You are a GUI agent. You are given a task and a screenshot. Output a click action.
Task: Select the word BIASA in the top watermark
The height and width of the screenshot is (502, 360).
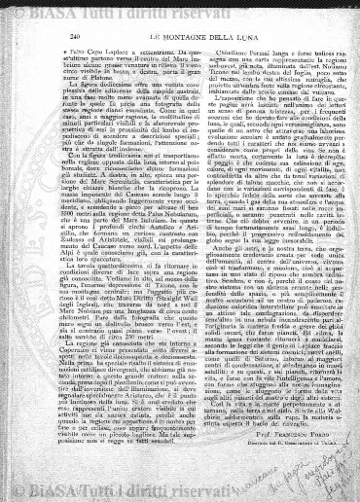click(x=93, y=12)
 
